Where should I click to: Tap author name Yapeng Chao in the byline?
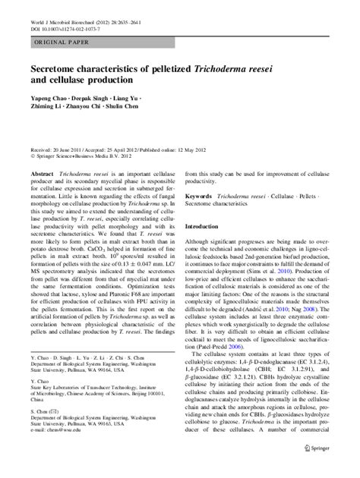(49, 100)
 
